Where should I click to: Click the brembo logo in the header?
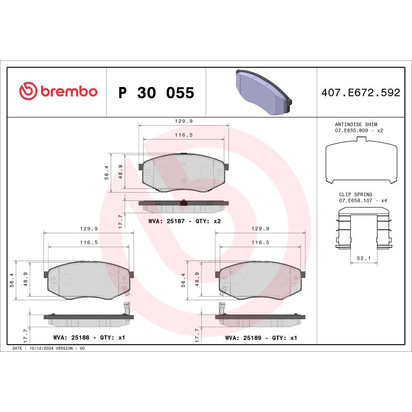click(58, 92)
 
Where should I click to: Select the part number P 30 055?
click(156, 93)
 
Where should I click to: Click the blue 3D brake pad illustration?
click(262, 92)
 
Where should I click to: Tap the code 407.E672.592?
click(360, 93)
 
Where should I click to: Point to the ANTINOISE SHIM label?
click(356, 125)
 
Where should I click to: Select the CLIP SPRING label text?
click(355, 195)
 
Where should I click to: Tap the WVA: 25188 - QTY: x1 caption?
click(89, 338)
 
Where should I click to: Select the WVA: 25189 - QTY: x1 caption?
click(261, 338)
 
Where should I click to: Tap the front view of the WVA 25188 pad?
click(89, 279)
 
